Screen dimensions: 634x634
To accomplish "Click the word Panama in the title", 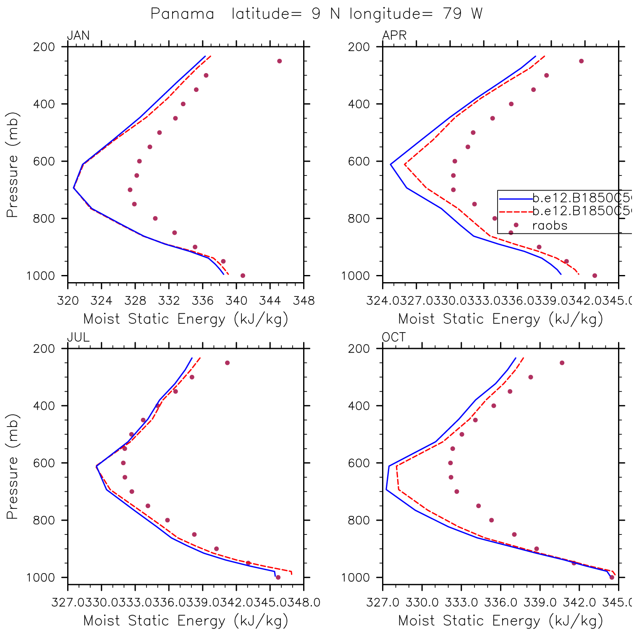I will pos(182,14).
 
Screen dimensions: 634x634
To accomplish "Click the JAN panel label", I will pos(79,36).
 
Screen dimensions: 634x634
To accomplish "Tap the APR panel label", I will pos(394,36).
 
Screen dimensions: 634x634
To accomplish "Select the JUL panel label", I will pos(79,338).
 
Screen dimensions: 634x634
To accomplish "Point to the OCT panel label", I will pos(394,338).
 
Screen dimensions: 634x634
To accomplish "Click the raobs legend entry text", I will pos(550,226).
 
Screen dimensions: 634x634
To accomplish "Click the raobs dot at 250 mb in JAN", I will pos(280,61).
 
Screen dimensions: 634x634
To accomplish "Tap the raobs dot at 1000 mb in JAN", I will pos(243,276).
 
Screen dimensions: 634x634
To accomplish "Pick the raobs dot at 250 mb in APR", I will pos(582,61).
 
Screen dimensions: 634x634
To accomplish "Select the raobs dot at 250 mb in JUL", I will pos(227,363).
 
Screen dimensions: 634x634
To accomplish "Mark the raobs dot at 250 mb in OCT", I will pos(562,363).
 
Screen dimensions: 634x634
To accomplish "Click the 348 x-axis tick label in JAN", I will pos(304,301).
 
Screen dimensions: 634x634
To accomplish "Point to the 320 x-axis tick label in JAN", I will pos(68,301).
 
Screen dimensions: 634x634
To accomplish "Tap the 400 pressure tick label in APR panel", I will pos(359,104).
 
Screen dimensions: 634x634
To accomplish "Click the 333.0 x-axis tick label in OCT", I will pos(462,603).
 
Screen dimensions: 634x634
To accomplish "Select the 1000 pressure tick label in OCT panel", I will pos(355,578).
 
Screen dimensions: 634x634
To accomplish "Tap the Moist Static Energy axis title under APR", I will pos(500,319).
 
